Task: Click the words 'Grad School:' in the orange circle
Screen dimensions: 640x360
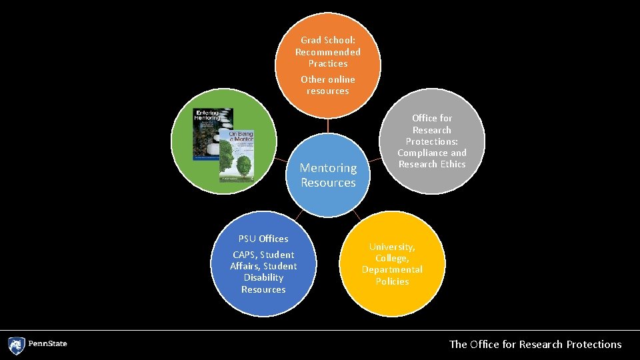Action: [328, 40]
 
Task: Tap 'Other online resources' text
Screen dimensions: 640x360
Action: [328, 85]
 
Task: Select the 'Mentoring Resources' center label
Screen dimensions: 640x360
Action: [328, 175]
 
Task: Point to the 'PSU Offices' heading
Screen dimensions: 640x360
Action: [263, 239]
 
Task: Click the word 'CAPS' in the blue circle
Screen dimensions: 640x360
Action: [244, 255]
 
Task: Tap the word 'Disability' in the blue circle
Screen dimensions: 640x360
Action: [263, 277]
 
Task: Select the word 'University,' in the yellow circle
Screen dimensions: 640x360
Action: [392, 247]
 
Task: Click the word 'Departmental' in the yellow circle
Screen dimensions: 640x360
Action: [392, 269]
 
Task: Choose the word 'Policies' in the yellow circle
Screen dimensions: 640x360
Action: [392, 281]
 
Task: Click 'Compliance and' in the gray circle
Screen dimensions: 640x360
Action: [432, 153]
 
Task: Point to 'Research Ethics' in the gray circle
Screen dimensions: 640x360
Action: [432, 164]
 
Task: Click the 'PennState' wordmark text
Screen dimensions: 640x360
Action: [48, 345]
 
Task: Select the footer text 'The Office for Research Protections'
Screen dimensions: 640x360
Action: [535, 345]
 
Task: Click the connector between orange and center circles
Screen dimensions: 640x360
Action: [328, 126]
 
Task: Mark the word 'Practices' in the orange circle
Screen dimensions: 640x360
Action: [328, 63]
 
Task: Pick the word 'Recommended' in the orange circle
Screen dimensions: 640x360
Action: [328, 52]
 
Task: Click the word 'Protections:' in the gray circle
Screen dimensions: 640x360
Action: [432, 141]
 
